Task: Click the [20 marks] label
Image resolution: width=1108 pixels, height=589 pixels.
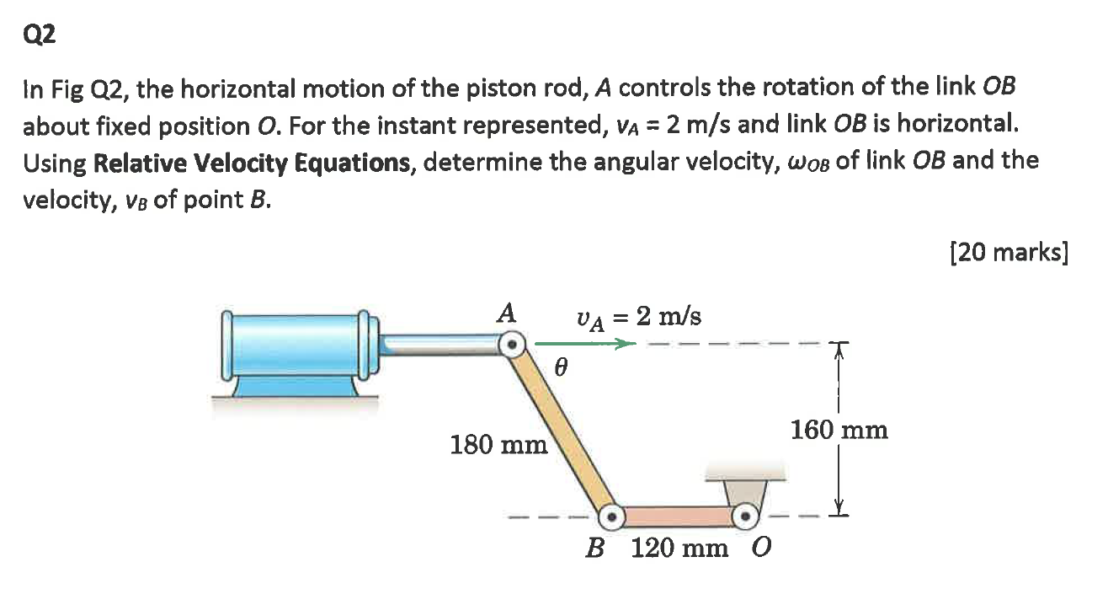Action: point(1008,252)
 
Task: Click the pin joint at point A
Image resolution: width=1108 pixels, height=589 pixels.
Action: point(510,344)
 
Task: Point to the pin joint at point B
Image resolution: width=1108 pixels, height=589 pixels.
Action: point(612,515)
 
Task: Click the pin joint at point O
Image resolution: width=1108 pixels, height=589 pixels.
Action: point(744,515)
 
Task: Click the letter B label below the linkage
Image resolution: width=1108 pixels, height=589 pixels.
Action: point(595,549)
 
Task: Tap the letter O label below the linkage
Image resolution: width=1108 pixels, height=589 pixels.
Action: point(759,549)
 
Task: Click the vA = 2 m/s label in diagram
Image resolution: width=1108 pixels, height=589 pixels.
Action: point(637,317)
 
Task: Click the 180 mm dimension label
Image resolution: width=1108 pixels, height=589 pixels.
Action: point(498,443)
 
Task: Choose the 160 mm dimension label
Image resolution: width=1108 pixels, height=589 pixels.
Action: point(839,430)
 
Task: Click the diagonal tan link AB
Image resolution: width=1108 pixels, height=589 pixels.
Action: point(562,430)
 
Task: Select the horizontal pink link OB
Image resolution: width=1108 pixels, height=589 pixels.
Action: point(678,515)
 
